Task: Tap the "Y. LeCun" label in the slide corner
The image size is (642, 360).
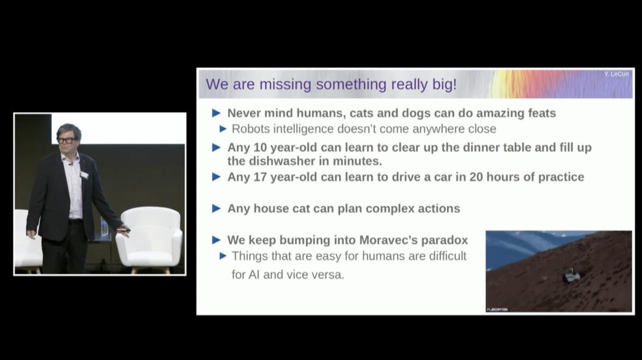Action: [x=616, y=74]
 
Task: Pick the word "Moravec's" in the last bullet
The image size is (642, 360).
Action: [x=388, y=240]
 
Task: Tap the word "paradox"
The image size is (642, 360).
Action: [x=445, y=241]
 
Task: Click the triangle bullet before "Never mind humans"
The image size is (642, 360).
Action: [x=216, y=113]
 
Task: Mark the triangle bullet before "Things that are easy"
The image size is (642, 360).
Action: [x=224, y=256]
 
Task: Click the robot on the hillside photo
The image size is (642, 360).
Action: [x=571, y=276]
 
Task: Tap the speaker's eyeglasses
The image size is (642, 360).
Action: [x=67, y=141]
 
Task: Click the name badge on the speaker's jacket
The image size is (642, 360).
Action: [x=84, y=175]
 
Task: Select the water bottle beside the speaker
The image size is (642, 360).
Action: [x=104, y=227]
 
